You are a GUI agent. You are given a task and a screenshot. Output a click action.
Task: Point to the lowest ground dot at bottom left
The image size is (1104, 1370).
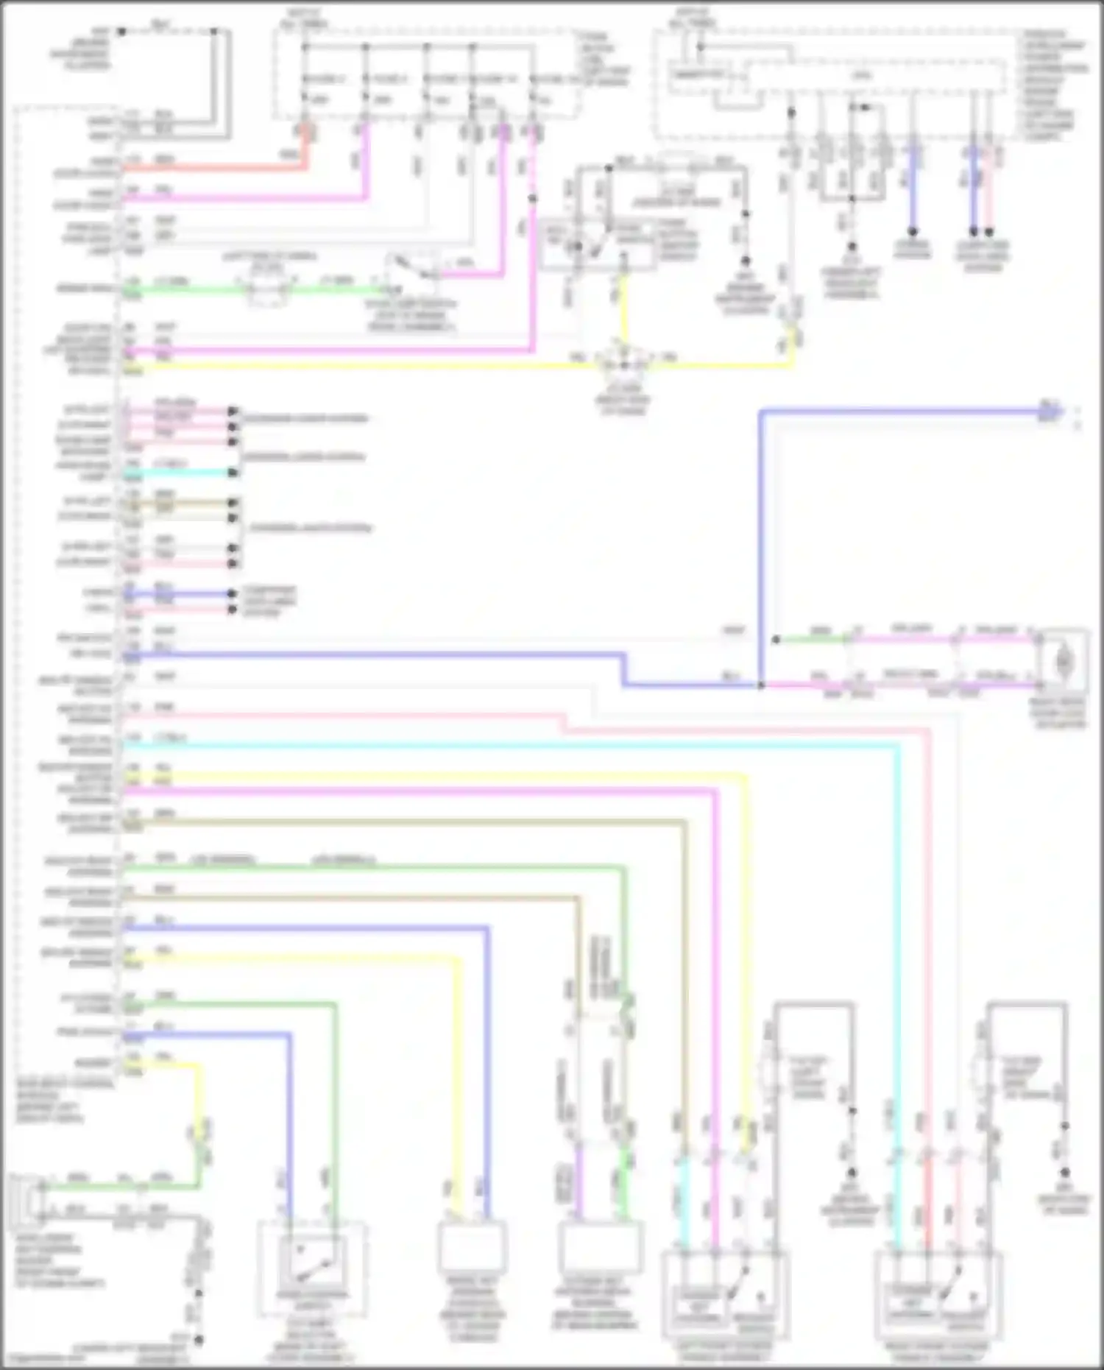tap(198, 1340)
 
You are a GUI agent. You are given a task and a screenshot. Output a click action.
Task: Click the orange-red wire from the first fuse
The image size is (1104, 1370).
tap(221, 169)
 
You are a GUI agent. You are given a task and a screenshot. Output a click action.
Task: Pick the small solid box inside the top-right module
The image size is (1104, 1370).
tap(696, 75)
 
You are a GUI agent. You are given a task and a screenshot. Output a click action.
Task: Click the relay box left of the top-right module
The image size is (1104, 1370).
tap(596, 243)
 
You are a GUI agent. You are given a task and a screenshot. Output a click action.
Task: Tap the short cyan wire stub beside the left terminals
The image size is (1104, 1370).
tap(180, 473)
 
